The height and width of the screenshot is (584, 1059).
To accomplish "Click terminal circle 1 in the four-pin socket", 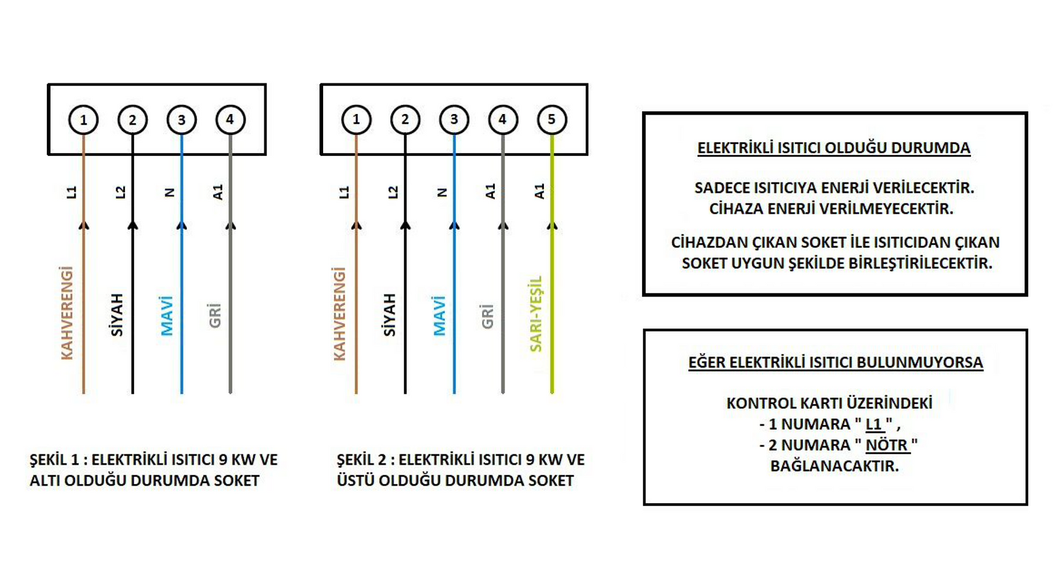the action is (83, 120).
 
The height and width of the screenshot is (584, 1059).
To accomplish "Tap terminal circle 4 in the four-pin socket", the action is (231, 120).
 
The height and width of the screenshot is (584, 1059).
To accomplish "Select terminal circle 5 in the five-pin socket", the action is (552, 120).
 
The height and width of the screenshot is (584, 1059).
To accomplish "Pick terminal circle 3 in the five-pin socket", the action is (454, 120).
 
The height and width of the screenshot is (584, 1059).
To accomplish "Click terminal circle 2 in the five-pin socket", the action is (405, 120).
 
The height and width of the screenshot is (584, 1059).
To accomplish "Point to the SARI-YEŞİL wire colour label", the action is (535, 314).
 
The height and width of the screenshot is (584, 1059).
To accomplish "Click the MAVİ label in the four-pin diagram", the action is (167, 315).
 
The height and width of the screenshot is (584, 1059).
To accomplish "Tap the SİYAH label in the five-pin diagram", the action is (389, 315).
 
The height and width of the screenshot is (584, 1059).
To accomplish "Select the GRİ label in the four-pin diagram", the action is (215, 315).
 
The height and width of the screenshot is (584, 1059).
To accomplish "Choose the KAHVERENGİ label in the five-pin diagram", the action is (340, 314).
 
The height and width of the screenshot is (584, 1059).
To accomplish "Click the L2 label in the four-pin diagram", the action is (120, 192).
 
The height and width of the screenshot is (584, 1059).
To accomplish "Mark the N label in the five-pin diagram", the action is (442, 193).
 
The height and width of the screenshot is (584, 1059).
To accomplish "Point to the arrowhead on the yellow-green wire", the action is (552, 226).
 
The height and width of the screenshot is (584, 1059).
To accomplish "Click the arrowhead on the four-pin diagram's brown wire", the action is (83, 226).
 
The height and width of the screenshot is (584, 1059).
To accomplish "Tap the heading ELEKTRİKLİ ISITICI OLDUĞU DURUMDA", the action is (834, 148).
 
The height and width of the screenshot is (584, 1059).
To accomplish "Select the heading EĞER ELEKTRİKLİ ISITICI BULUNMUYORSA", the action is (836, 362).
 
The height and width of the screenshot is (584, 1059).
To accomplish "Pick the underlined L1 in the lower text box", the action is (874, 424).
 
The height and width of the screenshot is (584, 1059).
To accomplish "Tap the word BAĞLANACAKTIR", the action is (834, 466).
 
